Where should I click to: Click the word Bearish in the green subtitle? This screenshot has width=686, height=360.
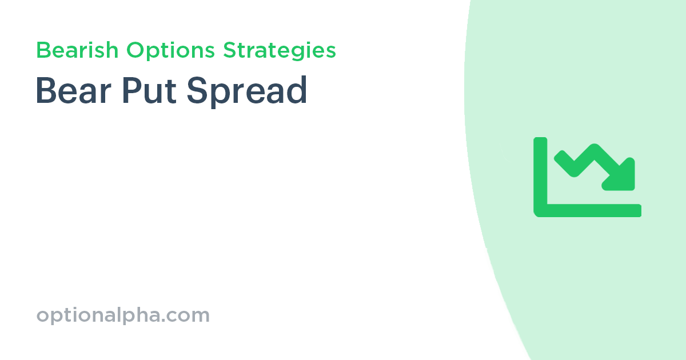coord(78,51)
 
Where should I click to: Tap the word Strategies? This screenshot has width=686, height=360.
coord(280,51)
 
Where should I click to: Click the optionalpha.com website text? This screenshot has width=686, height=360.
coord(123,315)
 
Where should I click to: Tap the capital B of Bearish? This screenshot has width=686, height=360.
coord(42,50)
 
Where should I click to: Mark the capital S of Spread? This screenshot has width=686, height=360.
coord(197,90)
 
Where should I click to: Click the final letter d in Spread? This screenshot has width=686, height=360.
coord(298,90)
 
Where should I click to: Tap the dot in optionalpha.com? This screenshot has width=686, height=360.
coord(169,320)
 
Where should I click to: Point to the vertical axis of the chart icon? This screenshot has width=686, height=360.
coord(540,171)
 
